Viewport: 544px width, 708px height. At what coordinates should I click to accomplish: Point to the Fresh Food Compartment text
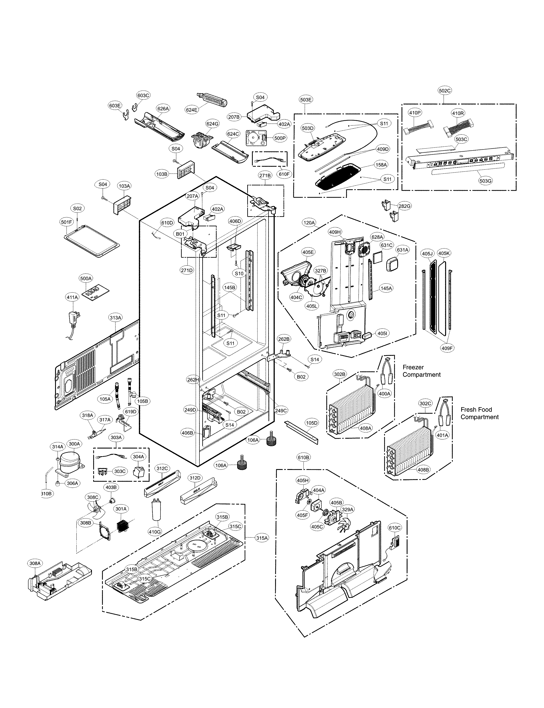coord(479,413)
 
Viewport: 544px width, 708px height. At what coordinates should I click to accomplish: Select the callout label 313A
coord(115,318)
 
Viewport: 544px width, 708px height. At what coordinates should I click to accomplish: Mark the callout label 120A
coord(309,223)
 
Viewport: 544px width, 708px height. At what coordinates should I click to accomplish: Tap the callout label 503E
coord(306,100)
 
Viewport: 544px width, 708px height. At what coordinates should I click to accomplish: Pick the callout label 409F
coord(447,348)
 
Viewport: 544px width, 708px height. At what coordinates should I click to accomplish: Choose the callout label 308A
coord(35,563)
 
